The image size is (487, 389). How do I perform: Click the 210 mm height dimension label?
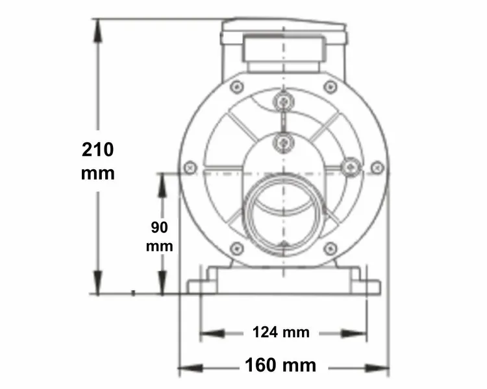coord(98,161)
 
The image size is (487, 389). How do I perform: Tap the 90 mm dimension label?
coord(159,237)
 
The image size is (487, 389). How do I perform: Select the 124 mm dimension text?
coord(281,333)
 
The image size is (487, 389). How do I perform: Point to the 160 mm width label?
coord(281,366)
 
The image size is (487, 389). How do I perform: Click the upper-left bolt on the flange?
coord(237,86)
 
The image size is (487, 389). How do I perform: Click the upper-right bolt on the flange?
coord(331,86)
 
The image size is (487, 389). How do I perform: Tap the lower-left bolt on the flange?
coord(237,248)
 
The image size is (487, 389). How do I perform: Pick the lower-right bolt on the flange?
coord(331,248)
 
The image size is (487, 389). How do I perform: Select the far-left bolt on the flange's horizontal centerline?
coord(190,167)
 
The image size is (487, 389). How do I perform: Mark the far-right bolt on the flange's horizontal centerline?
coord(377,167)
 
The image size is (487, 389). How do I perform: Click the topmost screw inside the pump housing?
coord(283,101)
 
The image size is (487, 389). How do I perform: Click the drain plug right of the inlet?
coord(351,167)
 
